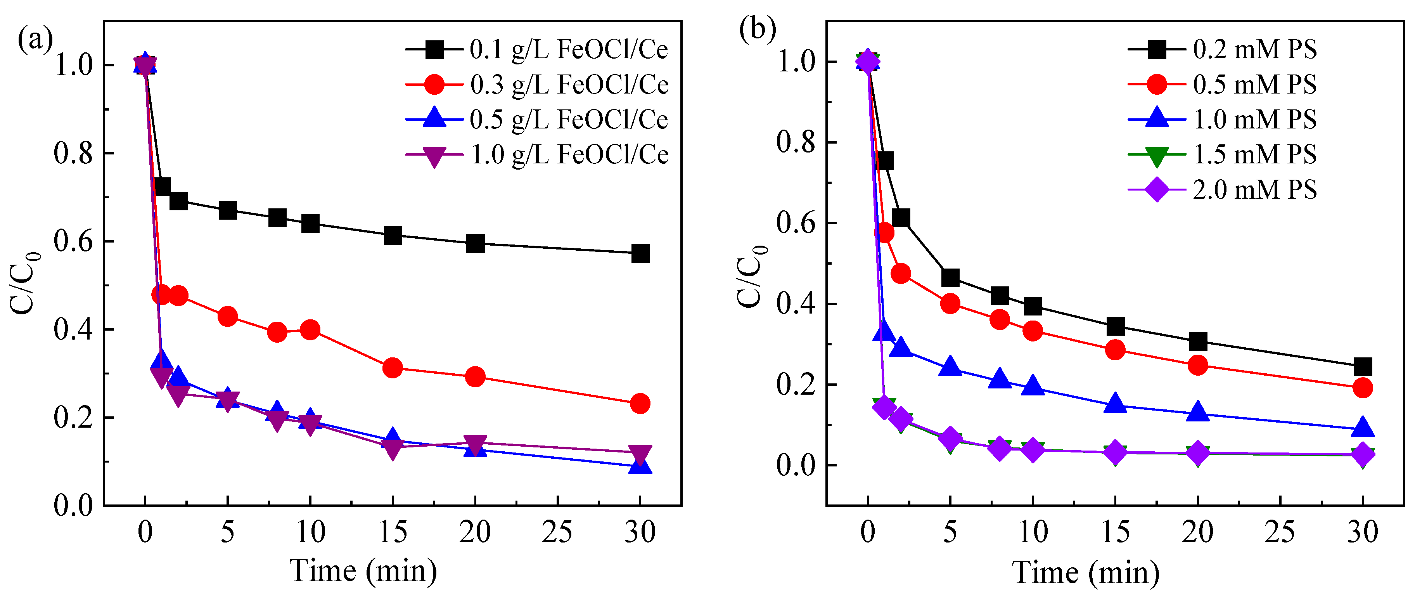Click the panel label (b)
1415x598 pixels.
757,29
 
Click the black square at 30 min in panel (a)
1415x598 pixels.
640,253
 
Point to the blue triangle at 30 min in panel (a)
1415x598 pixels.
640,466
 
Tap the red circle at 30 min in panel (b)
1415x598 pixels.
1362,388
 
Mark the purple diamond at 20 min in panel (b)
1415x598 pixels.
1197,453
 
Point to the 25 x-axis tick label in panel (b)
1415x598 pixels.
1280,532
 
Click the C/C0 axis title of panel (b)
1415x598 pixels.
750,276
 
